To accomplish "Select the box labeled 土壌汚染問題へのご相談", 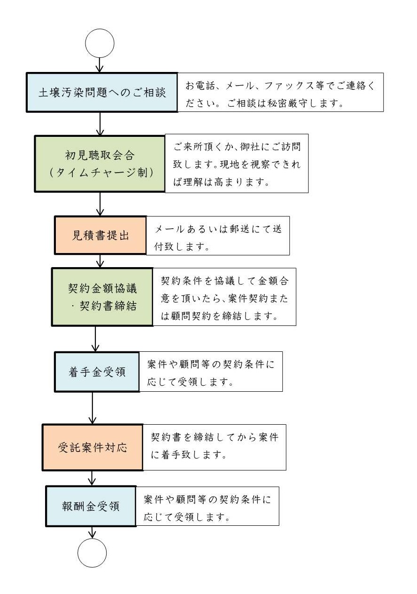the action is click(x=102, y=92).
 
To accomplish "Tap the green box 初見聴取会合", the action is click(x=100, y=164).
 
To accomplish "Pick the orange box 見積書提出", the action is click(x=100, y=235).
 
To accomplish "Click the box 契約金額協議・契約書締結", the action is click(x=102, y=297).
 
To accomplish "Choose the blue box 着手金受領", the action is click(x=97, y=372).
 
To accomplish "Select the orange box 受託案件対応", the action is click(x=93, y=447).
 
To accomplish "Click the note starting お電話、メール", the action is click(x=280, y=92).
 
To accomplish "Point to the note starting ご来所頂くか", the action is click(x=237, y=164).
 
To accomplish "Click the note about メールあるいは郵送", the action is click(x=218, y=236).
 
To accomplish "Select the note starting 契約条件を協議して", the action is click(x=224, y=297).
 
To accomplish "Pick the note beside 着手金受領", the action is click(x=211, y=372).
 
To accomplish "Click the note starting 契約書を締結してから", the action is click(x=215, y=447).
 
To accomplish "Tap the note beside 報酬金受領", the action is click(x=208, y=506).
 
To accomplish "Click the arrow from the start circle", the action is click(x=100, y=65).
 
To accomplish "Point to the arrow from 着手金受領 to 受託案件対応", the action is click(x=93, y=408).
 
